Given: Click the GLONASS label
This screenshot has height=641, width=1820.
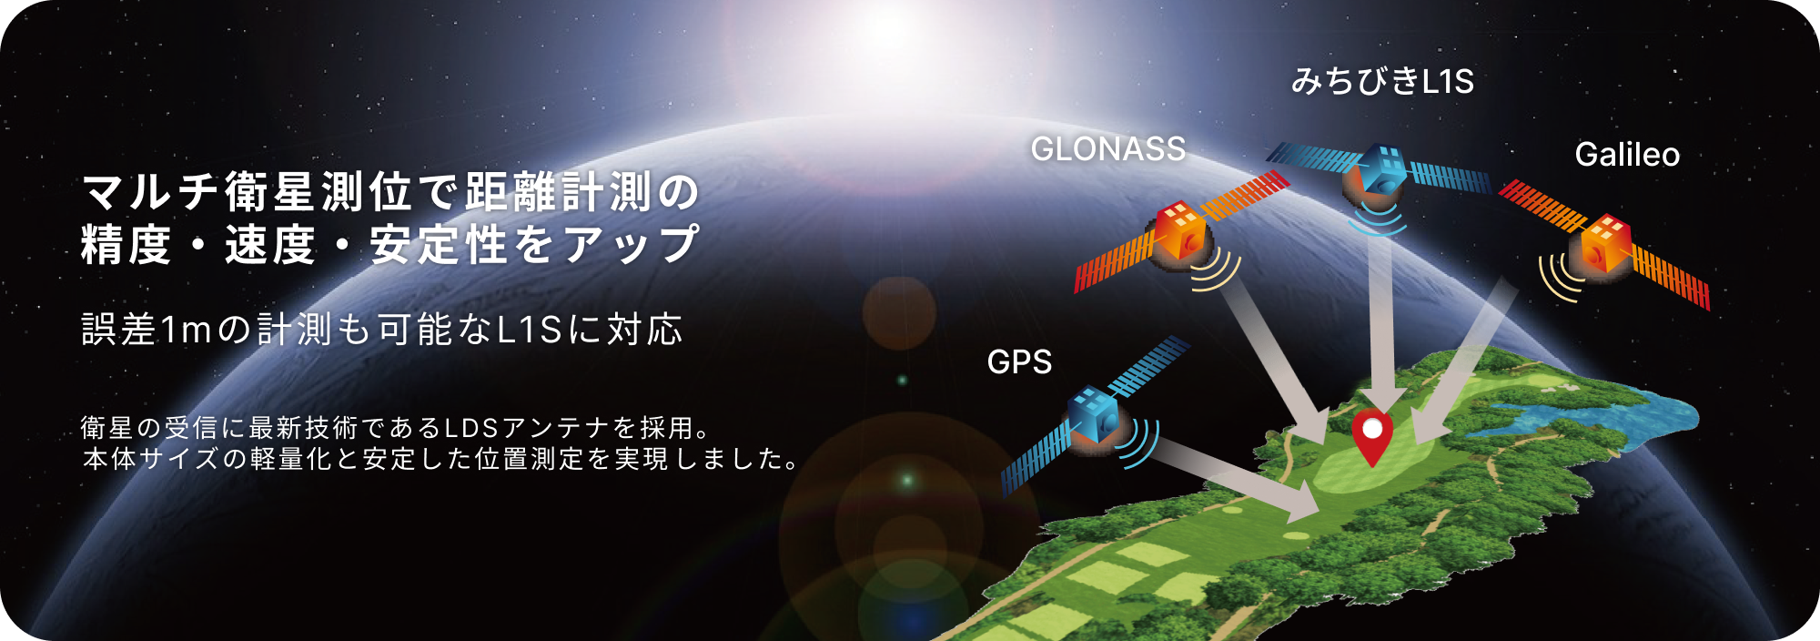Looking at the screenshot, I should pos(1107,149).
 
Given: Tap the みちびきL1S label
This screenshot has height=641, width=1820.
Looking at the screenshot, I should pos(1381,82).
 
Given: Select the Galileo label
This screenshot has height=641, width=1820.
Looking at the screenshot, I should pos(1627,155).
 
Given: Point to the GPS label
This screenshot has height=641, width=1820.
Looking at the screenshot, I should pos(1019,362).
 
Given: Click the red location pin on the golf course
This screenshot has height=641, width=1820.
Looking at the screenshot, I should pos(1371,435).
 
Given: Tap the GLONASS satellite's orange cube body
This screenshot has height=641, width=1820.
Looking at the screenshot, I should pos(1180,232).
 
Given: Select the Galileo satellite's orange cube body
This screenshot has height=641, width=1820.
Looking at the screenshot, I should pos(1605,243).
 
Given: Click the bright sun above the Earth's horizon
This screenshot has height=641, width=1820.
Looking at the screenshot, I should pos(887,32).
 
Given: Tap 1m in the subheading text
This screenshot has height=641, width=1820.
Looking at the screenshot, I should pos(185,330).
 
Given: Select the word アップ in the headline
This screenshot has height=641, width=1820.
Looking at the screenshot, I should pos(632,245).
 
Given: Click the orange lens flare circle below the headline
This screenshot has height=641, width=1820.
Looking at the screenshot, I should pos(899,312).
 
